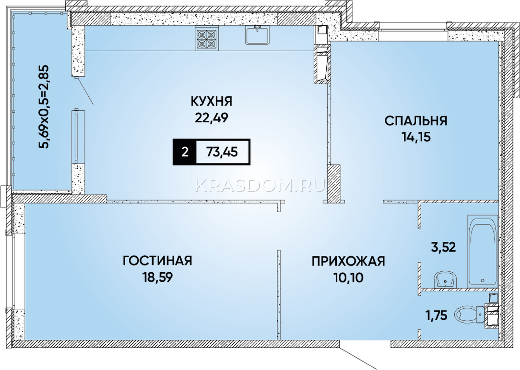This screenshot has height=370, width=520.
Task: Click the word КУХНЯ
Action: pos(211,102)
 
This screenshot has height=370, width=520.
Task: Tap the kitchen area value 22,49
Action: pos(212,118)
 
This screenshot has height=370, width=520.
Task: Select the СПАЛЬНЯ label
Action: pos(416,121)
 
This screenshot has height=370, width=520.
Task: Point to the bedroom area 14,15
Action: pos(416,137)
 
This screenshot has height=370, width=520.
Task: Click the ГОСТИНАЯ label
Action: pos(157,261)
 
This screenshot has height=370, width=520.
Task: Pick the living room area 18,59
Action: pos(158,277)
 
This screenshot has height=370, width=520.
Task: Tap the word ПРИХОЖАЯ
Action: pos(348,261)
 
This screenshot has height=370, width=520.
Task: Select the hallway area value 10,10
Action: pos(348,277)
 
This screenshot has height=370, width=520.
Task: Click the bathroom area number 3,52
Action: pos(443,247)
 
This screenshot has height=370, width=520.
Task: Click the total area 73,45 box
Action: pos(223,152)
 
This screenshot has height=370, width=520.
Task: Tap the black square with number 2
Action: pos(185,152)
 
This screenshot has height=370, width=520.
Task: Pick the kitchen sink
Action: pos(257,35)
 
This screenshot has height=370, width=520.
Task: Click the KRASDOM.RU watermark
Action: pos(260,186)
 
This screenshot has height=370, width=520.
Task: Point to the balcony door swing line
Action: pos(85,91)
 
